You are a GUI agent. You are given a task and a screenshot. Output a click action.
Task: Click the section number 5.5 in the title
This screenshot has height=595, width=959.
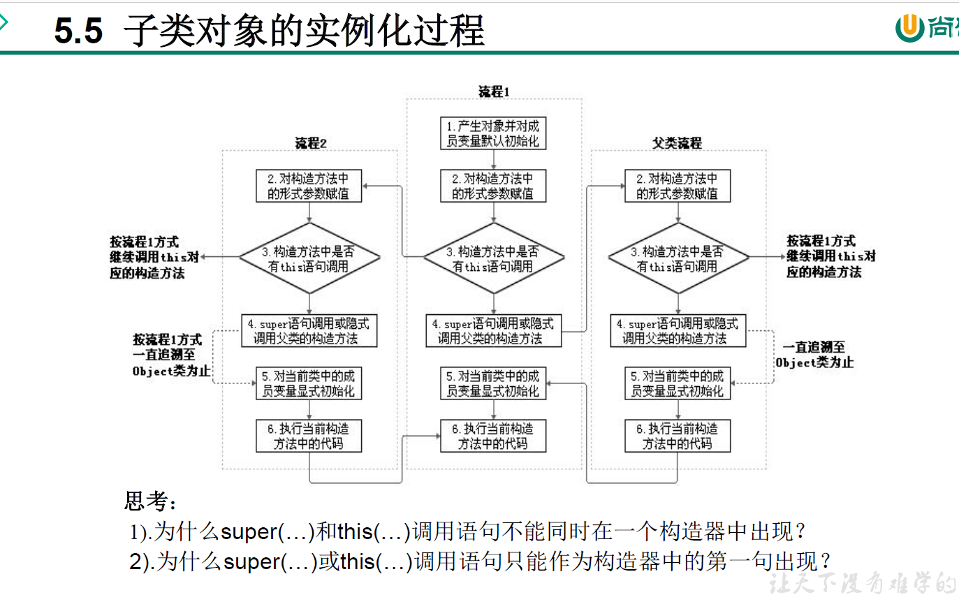coord(78,31)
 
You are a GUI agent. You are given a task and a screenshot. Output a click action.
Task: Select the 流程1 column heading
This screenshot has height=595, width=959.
coord(494,91)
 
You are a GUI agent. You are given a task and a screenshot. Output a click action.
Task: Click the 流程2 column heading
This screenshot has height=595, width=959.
coord(310,143)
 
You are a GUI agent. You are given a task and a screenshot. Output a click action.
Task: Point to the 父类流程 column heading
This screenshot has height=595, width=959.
coord(677,143)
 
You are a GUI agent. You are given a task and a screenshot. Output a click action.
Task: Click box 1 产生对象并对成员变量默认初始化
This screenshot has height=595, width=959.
coord(493,133)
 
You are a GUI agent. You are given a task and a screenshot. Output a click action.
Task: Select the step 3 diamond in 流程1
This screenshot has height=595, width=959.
coord(493,258)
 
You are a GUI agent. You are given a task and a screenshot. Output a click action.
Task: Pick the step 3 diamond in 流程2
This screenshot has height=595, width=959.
coord(309,258)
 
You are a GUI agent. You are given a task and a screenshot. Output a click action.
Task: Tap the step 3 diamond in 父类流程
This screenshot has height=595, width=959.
coord(678,258)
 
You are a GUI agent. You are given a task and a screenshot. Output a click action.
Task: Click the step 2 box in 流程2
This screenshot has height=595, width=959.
coord(309,186)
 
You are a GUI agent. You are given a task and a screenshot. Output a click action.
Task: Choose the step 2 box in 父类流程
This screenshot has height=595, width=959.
coord(678,186)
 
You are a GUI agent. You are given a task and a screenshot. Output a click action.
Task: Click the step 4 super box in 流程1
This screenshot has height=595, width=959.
coord(493,331)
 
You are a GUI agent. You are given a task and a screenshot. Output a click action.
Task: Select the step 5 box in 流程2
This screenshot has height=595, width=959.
coord(309,383)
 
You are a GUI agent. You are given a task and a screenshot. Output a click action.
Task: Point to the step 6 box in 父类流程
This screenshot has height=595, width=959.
coord(678,436)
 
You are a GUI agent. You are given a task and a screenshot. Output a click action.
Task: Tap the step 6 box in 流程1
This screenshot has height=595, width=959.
coord(493,436)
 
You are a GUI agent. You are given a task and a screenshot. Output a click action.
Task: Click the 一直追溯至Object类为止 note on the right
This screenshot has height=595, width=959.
coord(814,354)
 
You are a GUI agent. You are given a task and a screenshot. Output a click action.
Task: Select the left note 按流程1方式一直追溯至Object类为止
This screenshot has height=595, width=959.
coord(171,355)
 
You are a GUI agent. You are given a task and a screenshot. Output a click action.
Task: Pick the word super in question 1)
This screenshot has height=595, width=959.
coord(249,532)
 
